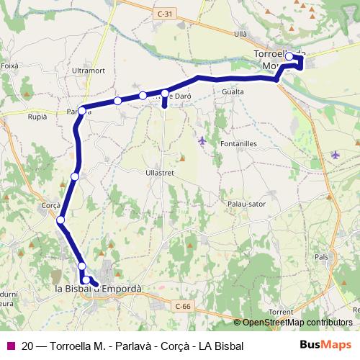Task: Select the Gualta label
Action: tap(233, 92)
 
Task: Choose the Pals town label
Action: tap(321, 256)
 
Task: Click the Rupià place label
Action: tap(37, 116)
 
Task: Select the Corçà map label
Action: tap(51, 204)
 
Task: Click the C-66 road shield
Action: tap(184, 307)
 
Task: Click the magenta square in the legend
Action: tap(10, 346)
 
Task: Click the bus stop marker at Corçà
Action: tap(61, 220)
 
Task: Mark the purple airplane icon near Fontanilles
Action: tap(202, 140)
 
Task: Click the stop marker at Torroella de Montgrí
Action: tap(289, 56)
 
